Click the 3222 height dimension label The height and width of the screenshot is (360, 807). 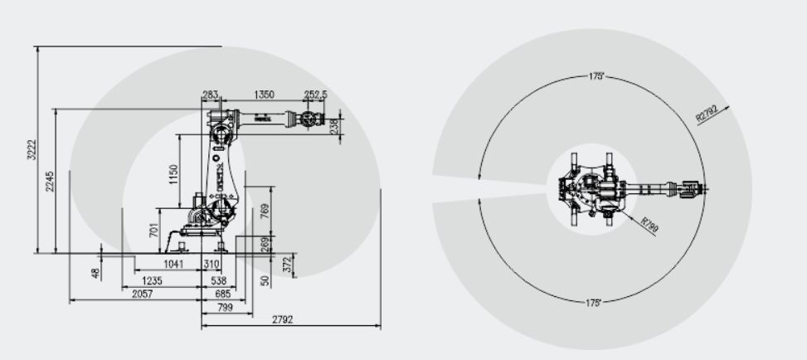[x=32, y=149]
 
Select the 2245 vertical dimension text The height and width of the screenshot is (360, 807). [x=50, y=182]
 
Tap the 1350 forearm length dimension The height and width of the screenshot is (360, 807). [x=265, y=95]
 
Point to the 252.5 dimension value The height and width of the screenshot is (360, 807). [x=315, y=95]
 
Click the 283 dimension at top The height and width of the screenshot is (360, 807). [x=210, y=95]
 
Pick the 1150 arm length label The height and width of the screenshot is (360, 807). [x=173, y=174]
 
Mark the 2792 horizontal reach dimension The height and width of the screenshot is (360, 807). [x=282, y=320]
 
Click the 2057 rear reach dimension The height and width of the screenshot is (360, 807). [x=143, y=294]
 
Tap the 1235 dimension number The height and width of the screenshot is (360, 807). [x=152, y=281]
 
